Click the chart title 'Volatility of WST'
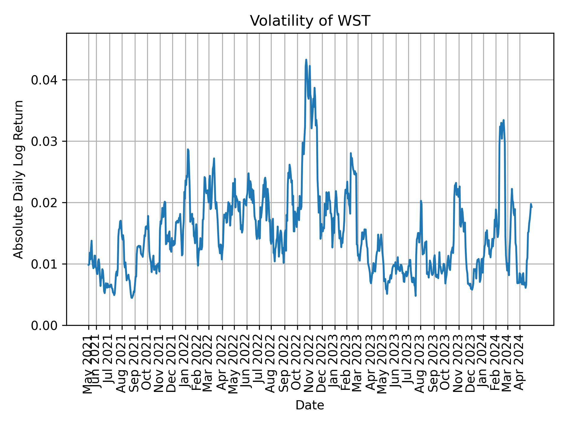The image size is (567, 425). pyautogui.click(x=310, y=21)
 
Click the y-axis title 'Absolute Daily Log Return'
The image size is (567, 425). pyautogui.click(x=19, y=179)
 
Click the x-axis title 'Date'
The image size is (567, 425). pyautogui.click(x=310, y=406)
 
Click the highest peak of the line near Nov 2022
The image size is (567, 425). pyautogui.click(x=306, y=60)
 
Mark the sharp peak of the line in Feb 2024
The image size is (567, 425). pyautogui.click(x=504, y=120)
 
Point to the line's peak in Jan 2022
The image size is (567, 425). pyautogui.click(x=188, y=150)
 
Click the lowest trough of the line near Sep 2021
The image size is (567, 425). pyautogui.click(x=132, y=298)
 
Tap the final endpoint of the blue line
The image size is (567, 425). pyautogui.click(x=531, y=207)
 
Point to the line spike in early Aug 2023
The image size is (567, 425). pyautogui.click(x=421, y=201)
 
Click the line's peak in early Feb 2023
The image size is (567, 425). pyautogui.click(x=351, y=153)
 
